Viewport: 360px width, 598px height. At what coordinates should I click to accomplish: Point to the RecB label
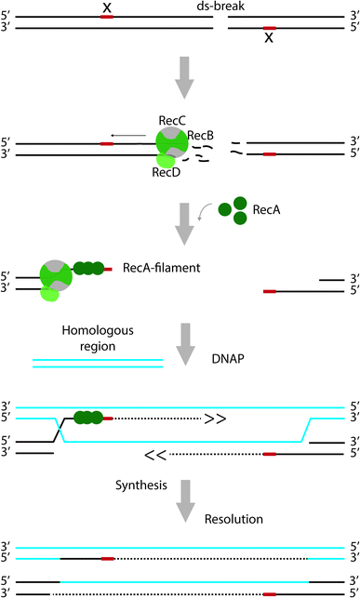pyautogui.click(x=200, y=136)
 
